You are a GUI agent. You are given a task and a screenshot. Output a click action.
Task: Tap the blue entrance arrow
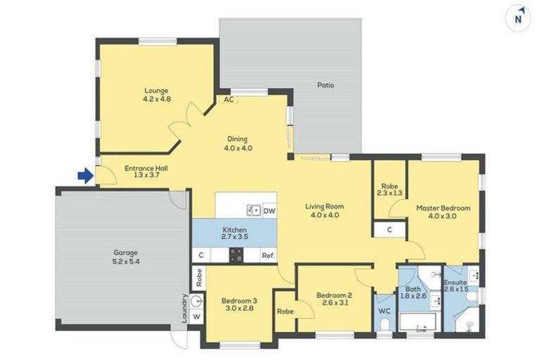pyautogui.click(x=84, y=175)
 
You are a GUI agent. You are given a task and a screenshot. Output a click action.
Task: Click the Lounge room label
pyautogui.click(x=157, y=95)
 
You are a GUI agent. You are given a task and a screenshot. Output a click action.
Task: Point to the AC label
pyautogui.click(x=228, y=100)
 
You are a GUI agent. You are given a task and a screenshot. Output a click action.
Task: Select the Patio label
pyautogui.click(x=325, y=85)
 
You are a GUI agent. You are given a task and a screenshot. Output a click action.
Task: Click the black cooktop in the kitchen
pyautogui.click(x=236, y=256)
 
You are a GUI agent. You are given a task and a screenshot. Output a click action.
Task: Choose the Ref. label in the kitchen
pyautogui.click(x=268, y=256)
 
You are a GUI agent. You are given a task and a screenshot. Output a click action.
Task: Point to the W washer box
pyautogui.click(x=197, y=316)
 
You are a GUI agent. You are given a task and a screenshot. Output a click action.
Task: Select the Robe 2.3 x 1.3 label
pyautogui.click(x=390, y=190)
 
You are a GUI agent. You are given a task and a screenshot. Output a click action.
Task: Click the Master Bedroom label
pyautogui.click(x=442, y=212)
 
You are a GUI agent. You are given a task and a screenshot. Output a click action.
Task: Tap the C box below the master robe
pyautogui.click(x=389, y=230)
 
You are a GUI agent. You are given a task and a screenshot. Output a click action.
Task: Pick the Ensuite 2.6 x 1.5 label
pyautogui.click(x=455, y=285)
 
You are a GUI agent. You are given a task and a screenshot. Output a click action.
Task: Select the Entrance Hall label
pyautogui.click(x=146, y=172)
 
